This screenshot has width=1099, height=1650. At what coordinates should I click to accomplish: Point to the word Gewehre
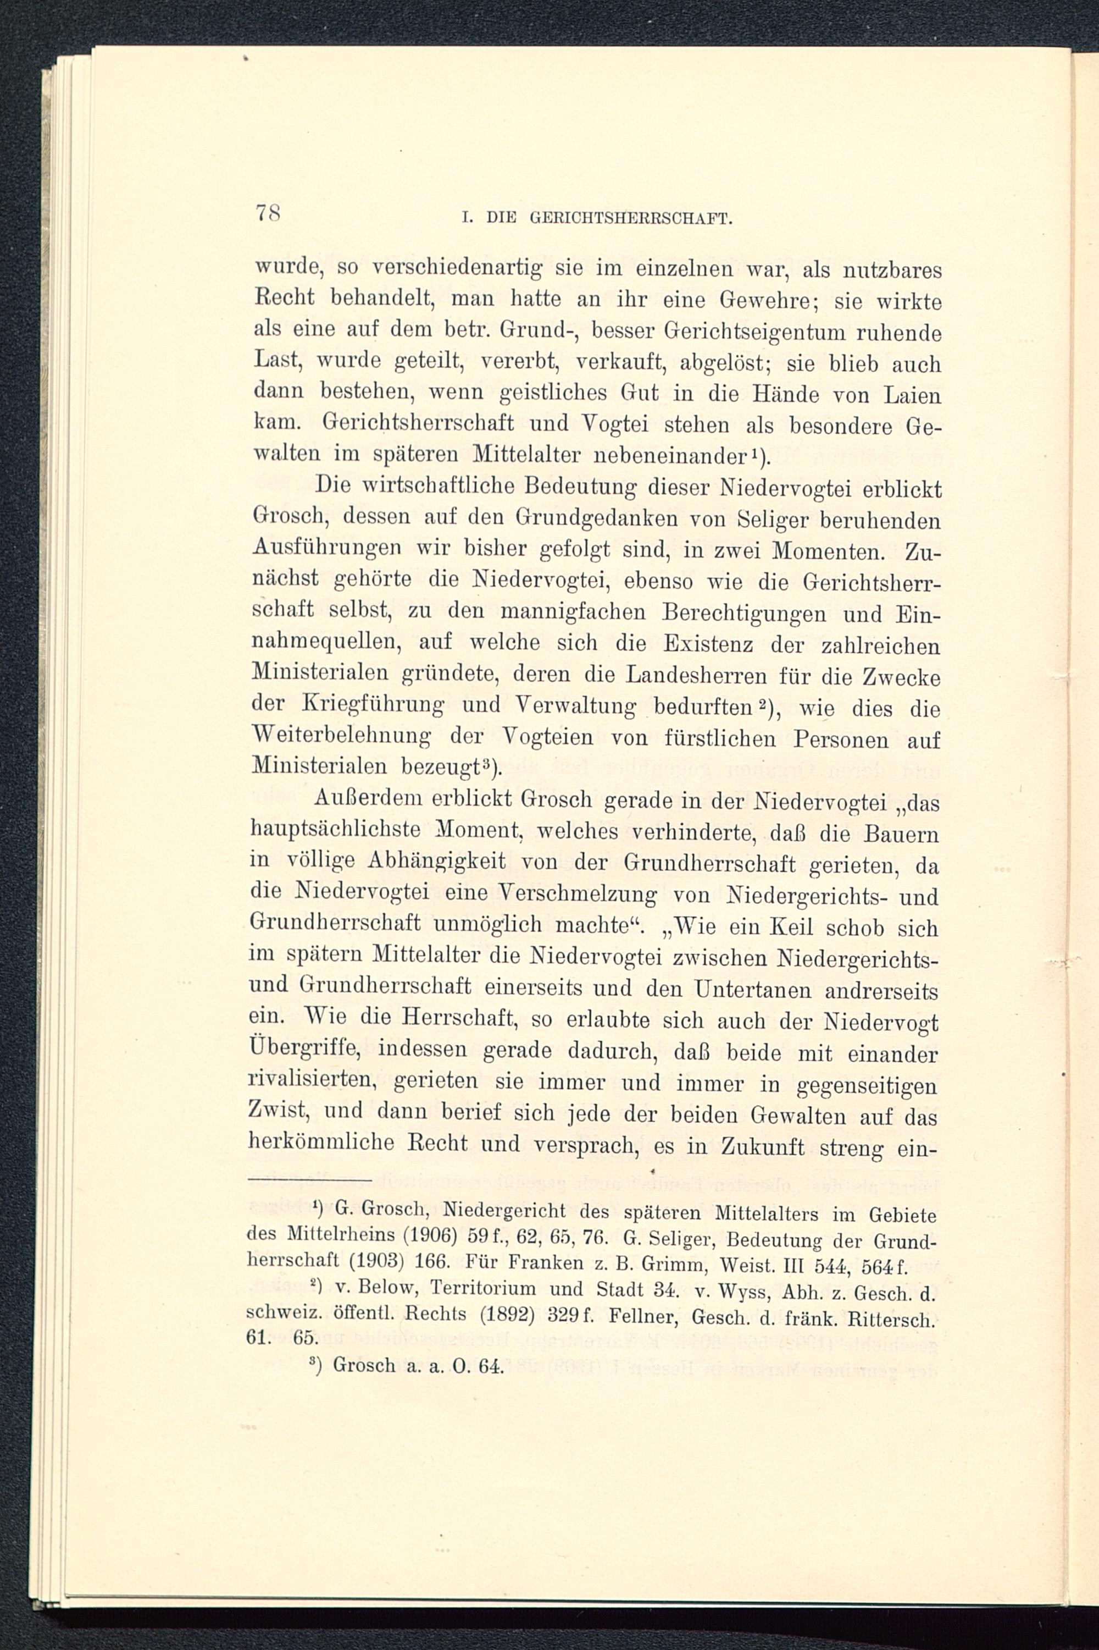pyautogui.click(x=771, y=301)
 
